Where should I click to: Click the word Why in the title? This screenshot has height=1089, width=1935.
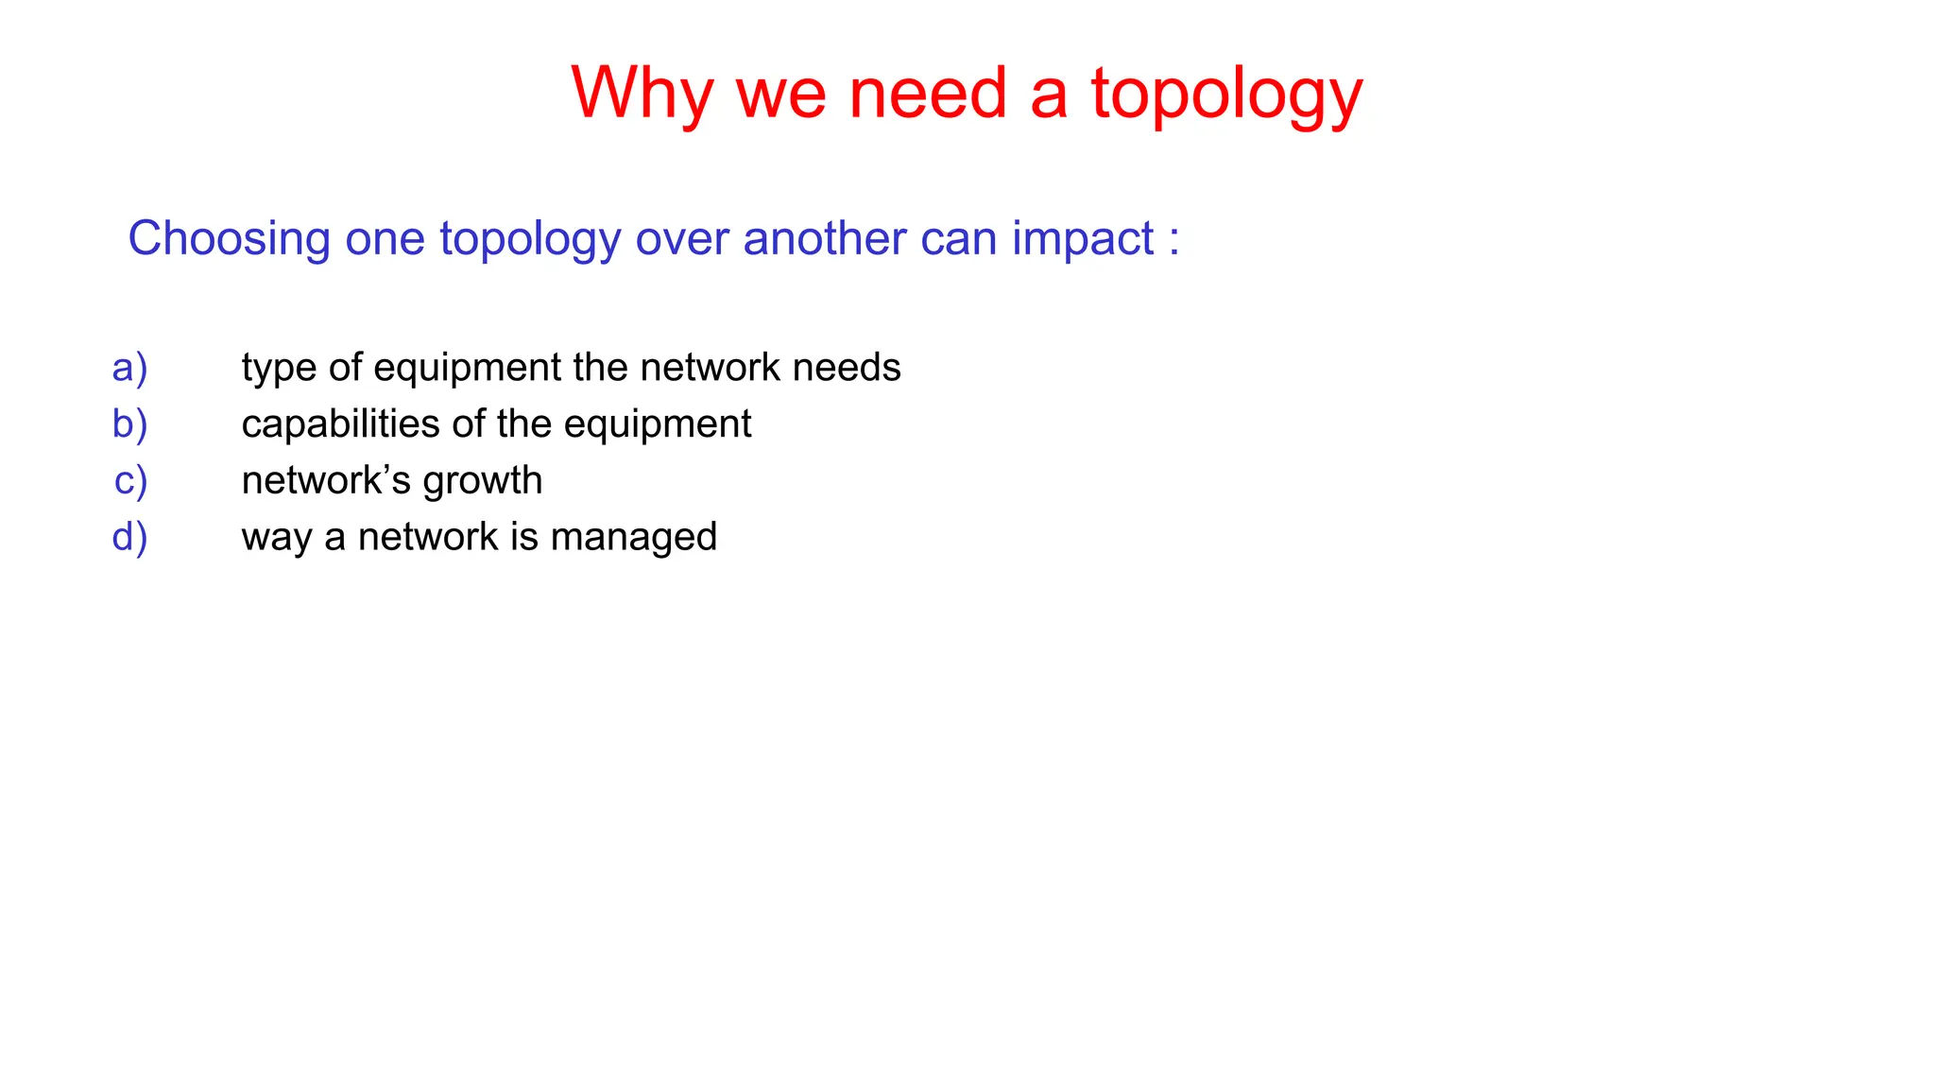click(642, 95)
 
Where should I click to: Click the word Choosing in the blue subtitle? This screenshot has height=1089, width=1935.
click(229, 239)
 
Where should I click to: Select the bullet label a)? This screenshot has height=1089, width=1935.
click(130, 368)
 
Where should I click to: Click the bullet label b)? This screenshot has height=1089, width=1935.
click(130, 424)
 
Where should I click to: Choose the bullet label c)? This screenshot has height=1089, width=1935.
click(131, 481)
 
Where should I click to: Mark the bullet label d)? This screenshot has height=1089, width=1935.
click(130, 537)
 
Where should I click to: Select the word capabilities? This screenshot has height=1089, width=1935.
click(341, 425)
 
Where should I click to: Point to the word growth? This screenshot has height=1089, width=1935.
click(483, 482)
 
